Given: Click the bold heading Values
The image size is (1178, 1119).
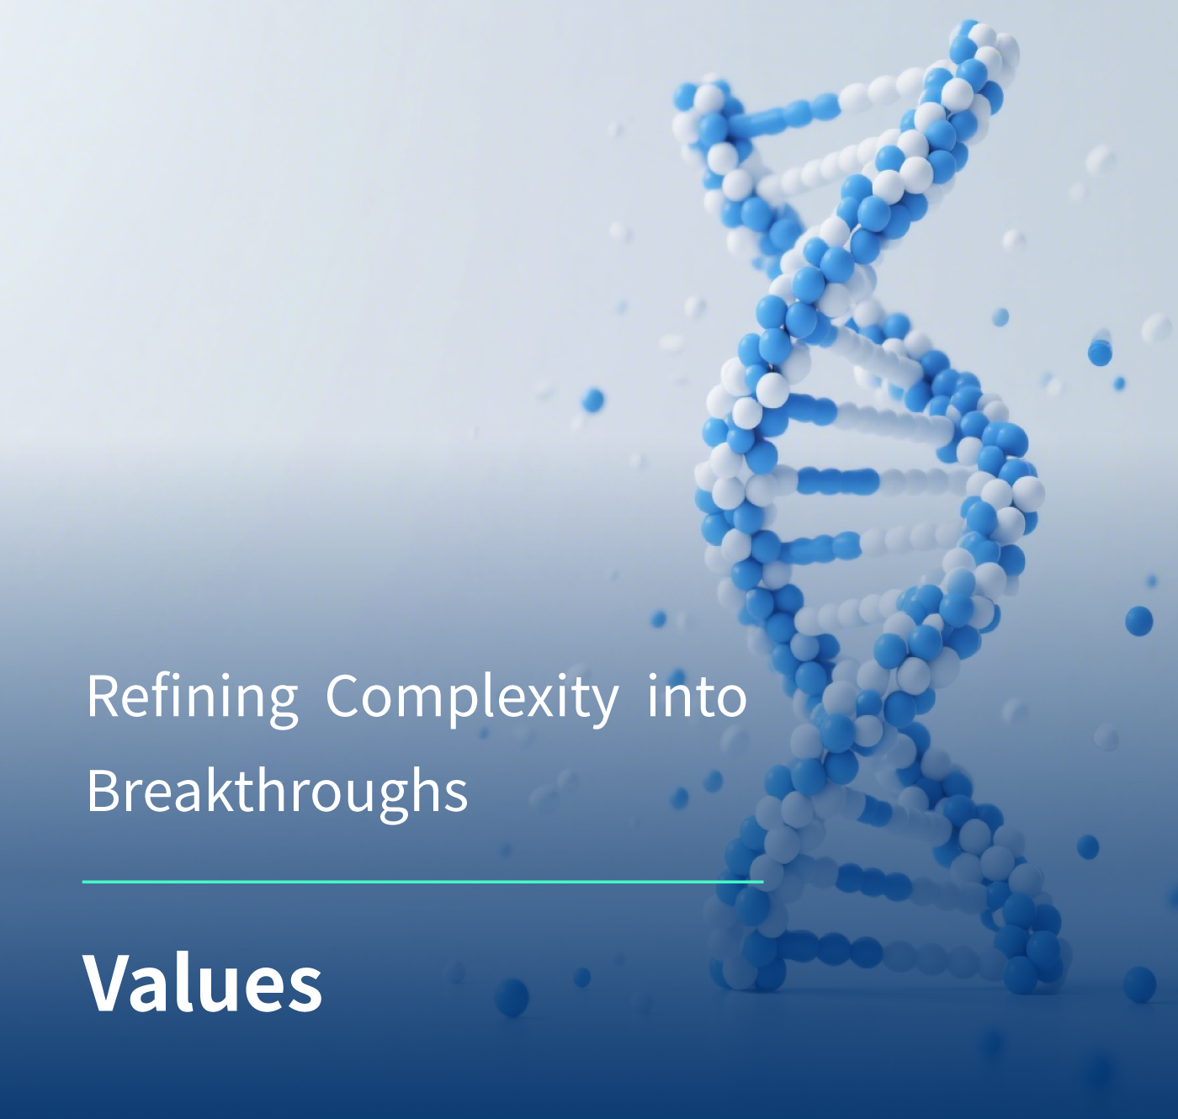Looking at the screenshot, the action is [203, 984].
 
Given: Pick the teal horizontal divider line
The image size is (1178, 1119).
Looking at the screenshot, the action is [423, 882].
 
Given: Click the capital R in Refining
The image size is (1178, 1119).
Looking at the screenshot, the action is [103, 697].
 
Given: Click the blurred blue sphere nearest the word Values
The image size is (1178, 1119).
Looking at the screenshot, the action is [512, 997].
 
